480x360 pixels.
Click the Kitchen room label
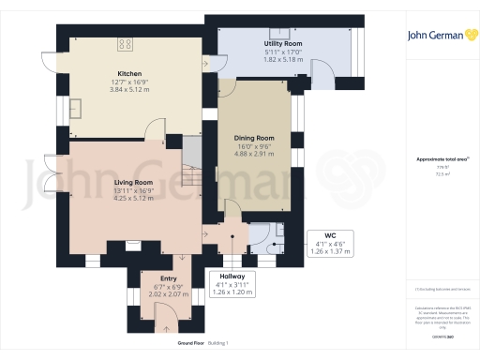[x=129, y=73]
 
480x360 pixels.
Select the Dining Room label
[x=253, y=138]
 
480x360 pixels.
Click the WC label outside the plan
[x=330, y=235]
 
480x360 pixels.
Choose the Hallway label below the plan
[x=232, y=277]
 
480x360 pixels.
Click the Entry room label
[x=169, y=278]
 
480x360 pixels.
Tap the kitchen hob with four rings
[x=124, y=43]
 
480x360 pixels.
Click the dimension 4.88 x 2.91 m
[x=253, y=154]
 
